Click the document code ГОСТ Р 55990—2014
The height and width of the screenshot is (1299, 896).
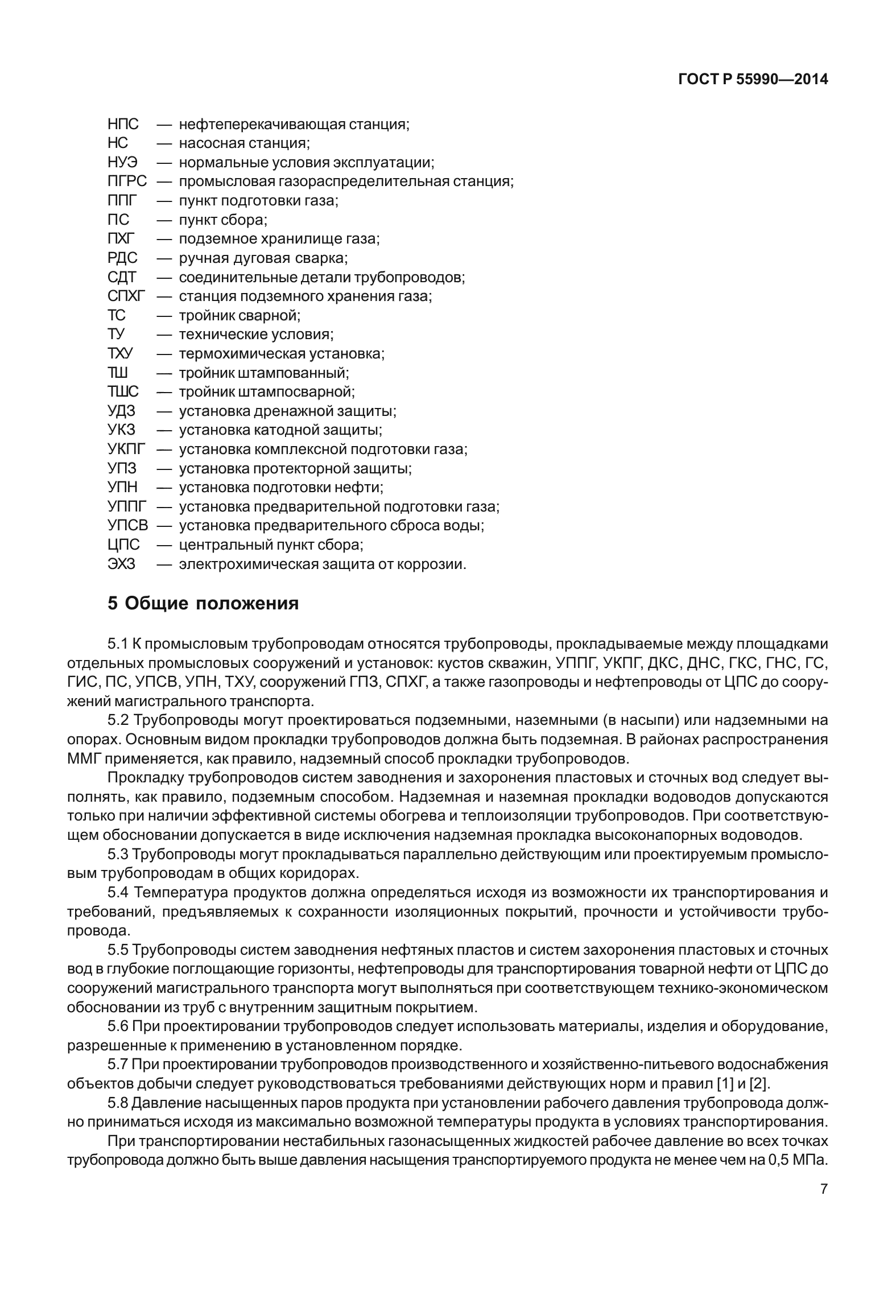pyautogui.click(x=753, y=80)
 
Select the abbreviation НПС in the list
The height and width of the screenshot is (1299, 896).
pyautogui.click(x=123, y=124)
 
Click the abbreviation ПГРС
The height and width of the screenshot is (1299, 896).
pyautogui.click(x=127, y=182)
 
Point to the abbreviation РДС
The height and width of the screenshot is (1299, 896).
pyautogui.click(x=122, y=258)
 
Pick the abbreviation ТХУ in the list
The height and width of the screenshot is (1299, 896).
pyautogui.click(x=120, y=354)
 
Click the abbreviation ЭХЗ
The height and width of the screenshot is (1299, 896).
pyautogui.click(x=121, y=564)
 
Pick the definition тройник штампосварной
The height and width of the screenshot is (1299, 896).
pyautogui.click(x=266, y=392)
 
